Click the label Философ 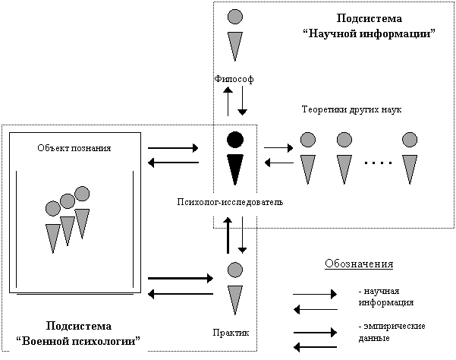tap(234, 79)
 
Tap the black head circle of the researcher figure tap(235, 140)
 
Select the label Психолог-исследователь tap(230, 202)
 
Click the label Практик tap(231, 333)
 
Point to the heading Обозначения tap(359, 264)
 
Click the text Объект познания tap(74, 148)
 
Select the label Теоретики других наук tap(351, 109)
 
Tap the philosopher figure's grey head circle tap(235, 16)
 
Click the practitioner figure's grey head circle tap(235, 270)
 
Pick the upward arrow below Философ tap(228, 101)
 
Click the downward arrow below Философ tap(242, 101)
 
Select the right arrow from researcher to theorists tap(278, 148)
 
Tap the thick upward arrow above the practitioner tap(228, 235)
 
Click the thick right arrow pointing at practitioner tap(181, 278)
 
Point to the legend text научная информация tap(386, 296)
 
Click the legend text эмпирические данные tap(392, 332)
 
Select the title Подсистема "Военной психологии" tap(78, 333)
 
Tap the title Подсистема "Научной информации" tap(369, 26)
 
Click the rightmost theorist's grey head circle tap(410, 140)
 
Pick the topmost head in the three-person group tap(82, 194)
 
